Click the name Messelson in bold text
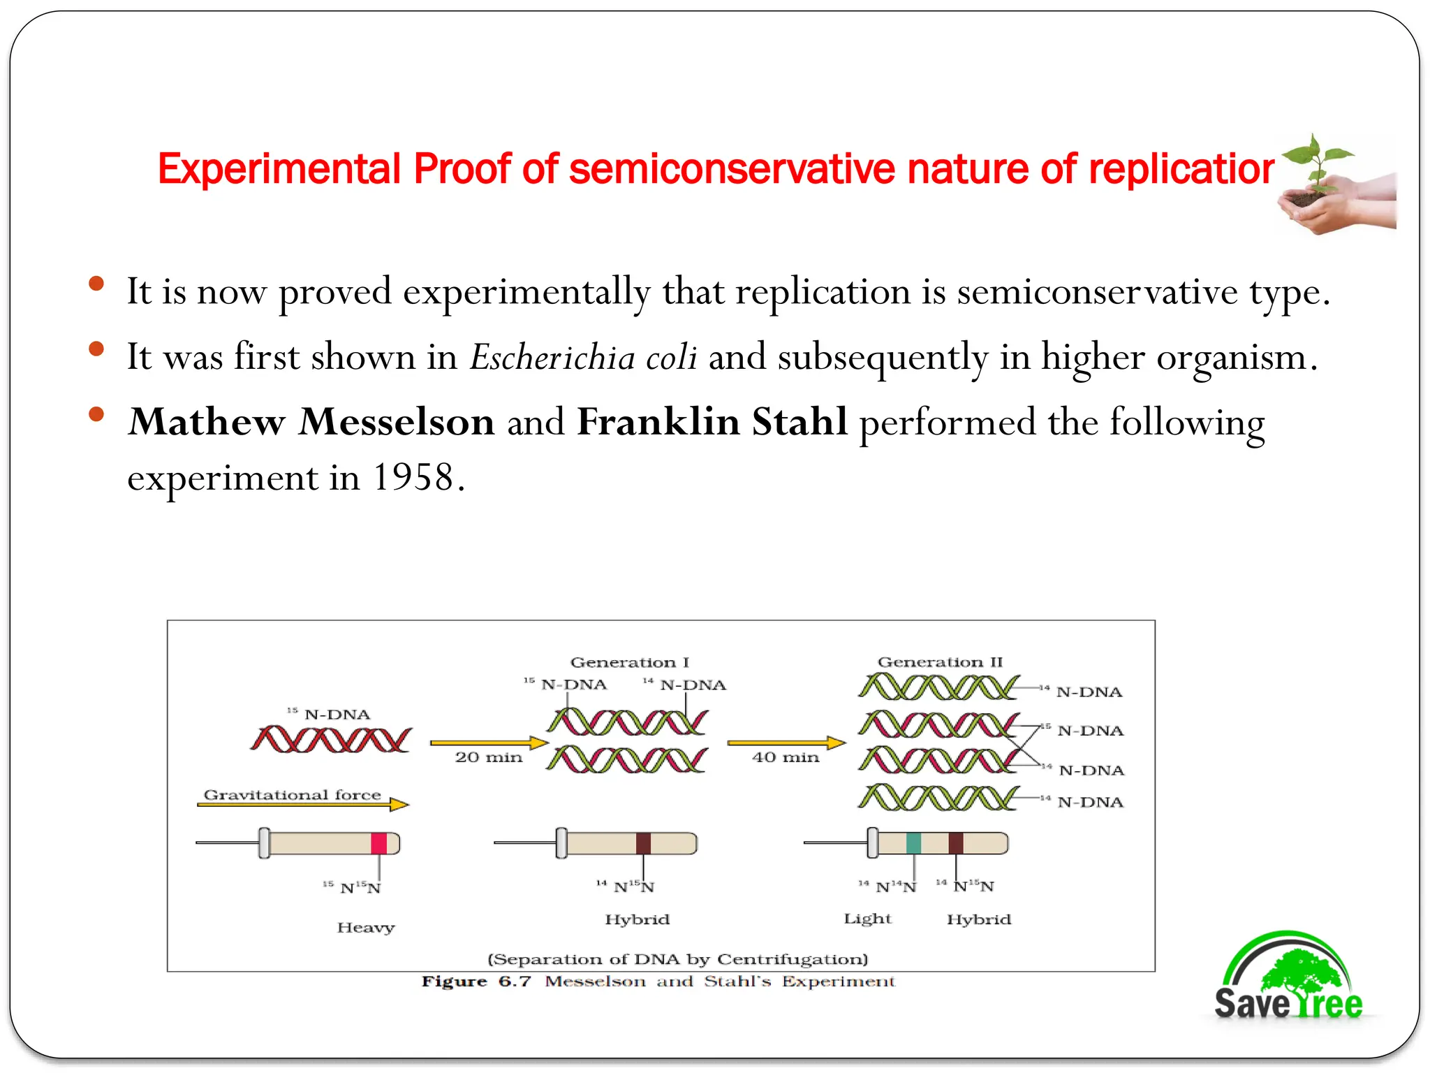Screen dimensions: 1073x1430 [x=397, y=422]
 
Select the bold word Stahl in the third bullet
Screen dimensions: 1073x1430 [x=799, y=422]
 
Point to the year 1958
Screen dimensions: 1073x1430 [x=413, y=478]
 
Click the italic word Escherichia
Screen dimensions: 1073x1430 [x=552, y=358]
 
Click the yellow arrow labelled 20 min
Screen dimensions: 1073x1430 [x=489, y=743]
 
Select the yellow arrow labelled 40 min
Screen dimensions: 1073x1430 [x=786, y=743]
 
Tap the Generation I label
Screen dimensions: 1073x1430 [x=629, y=662]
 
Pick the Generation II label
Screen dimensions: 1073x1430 [x=940, y=662]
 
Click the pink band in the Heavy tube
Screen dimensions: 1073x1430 [x=378, y=843]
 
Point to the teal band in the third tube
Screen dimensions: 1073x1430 [x=913, y=843]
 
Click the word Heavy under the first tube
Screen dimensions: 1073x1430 [x=366, y=928]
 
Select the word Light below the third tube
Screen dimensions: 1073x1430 [x=867, y=919]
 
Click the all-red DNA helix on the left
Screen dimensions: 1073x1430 [x=331, y=739]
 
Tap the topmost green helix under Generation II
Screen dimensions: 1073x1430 [x=938, y=688]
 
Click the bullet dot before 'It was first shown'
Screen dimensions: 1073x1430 [x=96, y=349]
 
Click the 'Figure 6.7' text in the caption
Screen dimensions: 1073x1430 [x=476, y=981]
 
